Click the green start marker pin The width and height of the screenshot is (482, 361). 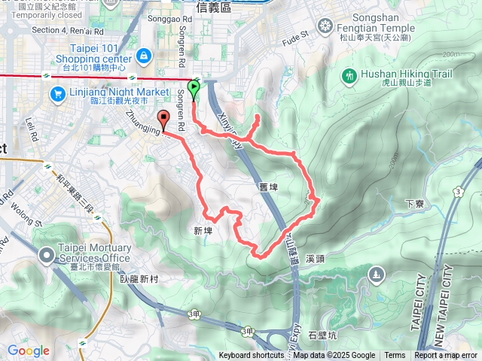click(194, 90)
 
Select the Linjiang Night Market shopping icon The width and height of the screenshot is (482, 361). click(56, 94)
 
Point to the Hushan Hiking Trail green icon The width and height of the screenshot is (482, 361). click(349, 75)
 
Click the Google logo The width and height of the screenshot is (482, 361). click(28, 350)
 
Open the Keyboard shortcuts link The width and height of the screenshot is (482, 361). click(252, 356)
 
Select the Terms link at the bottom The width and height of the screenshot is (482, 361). click(395, 356)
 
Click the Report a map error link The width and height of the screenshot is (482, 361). click(446, 356)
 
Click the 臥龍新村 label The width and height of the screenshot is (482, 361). click(140, 278)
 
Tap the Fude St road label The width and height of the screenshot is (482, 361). click(295, 35)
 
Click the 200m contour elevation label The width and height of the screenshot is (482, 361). click(452, 55)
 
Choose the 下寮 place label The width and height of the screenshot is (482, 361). click(415, 203)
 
